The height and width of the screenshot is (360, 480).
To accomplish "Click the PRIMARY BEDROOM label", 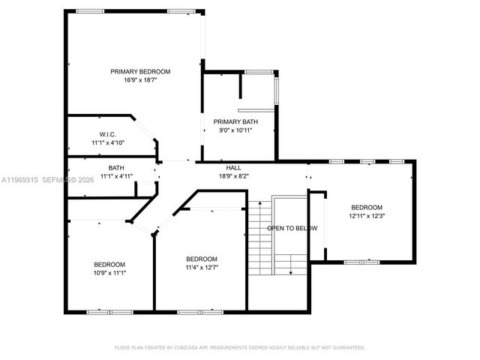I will tap(140, 72).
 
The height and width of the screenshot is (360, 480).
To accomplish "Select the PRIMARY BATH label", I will tap(235, 121).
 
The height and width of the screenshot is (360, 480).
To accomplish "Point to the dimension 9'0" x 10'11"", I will tap(235, 130).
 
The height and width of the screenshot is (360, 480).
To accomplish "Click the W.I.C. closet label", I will tap(107, 134).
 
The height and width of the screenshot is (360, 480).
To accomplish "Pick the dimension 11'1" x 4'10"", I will tap(107, 142).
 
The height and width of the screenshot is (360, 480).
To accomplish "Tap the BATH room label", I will tap(116, 168).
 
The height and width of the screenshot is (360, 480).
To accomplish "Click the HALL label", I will tap(233, 168).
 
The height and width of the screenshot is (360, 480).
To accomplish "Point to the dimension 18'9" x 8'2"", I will tap(233, 176).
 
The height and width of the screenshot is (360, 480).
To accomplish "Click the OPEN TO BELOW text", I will tap(292, 228).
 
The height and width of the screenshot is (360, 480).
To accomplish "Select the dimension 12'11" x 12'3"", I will tap(367, 216).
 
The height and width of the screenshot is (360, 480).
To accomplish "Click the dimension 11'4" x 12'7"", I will tap(202, 267).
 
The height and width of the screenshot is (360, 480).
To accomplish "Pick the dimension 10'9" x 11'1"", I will tap(109, 272).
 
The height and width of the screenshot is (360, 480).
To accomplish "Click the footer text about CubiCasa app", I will tap(239, 347).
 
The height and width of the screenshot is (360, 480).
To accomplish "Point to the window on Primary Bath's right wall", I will tap(277, 89).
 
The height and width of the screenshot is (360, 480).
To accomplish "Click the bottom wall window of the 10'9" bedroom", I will tap(98, 310).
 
